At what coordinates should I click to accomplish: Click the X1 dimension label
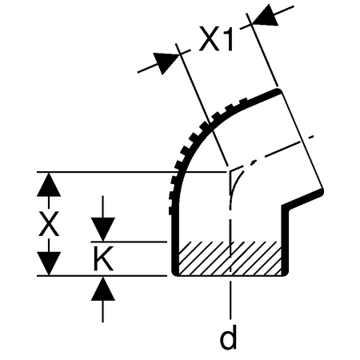tap(215, 38)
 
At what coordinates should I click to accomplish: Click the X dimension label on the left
tap(49, 224)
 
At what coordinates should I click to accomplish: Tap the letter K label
tap(103, 258)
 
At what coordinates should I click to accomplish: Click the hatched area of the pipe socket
tap(230, 258)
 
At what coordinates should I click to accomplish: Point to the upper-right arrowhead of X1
tap(266, 16)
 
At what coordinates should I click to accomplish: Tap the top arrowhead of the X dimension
tap(49, 185)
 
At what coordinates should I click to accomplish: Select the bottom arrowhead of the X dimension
tap(49, 263)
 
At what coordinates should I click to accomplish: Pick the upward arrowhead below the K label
tap(103, 289)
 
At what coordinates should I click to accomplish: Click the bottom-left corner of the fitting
tap(175, 273)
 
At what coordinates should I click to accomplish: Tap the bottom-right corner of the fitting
tap(286, 273)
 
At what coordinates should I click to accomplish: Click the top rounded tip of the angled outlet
tap(278, 91)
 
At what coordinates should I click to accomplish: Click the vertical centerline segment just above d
tap(230, 298)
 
